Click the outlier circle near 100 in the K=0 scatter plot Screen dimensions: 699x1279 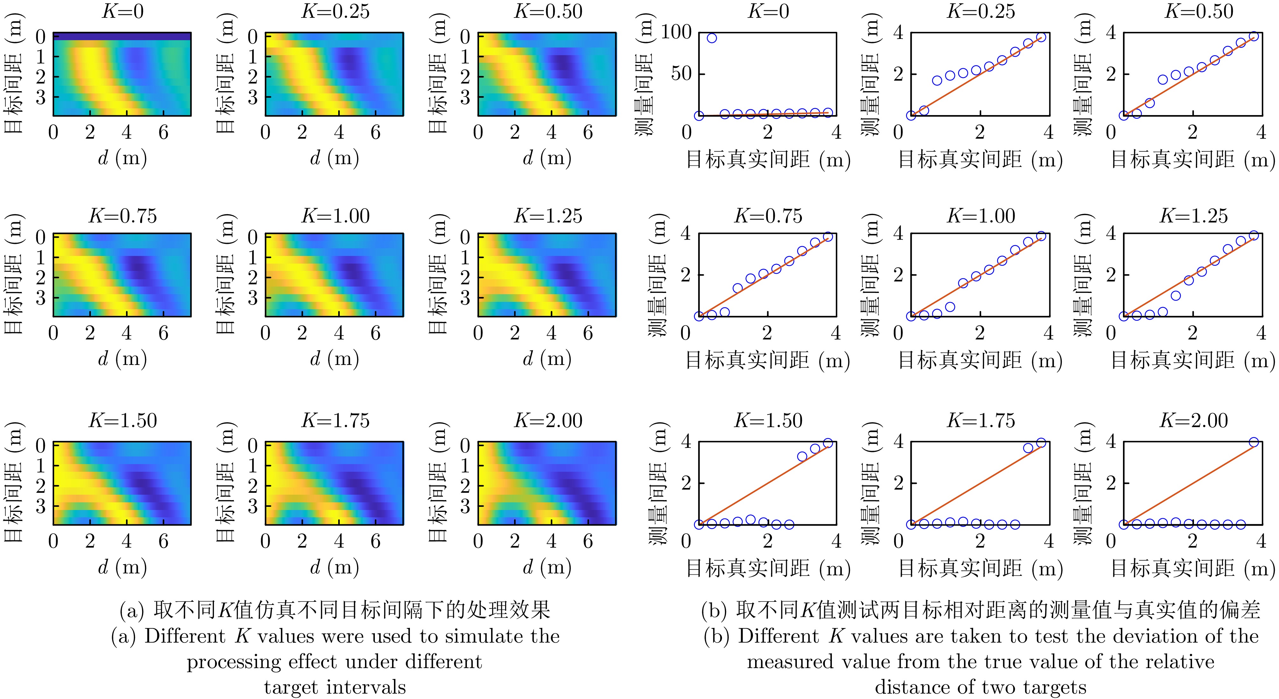711,38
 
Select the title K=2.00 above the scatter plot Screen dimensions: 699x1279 1194,420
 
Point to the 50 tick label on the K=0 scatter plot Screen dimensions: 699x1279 681,74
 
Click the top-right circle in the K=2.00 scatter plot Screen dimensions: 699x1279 1254,442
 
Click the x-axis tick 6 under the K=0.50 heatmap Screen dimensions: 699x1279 588,132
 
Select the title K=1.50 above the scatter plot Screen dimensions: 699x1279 768,420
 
